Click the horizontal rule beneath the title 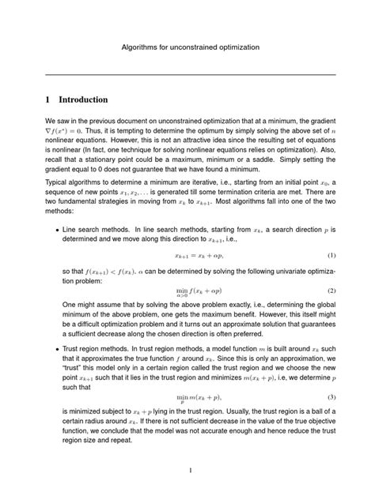coord(187,74)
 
